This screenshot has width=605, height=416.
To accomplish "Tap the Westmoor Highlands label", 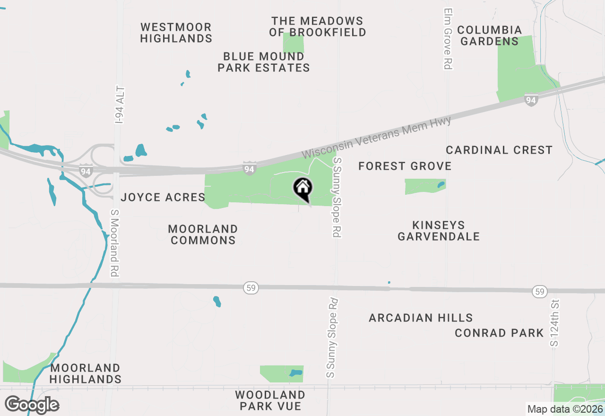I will click(176, 33).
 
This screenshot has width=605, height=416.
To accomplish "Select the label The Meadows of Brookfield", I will click(318, 27).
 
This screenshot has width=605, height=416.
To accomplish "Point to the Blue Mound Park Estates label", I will click(264, 62).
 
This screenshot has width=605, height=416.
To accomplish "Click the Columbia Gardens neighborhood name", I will click(490, 36).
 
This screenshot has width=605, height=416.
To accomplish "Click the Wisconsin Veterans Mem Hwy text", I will click(377, 137).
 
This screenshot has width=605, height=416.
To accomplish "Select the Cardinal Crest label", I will click(499, 150).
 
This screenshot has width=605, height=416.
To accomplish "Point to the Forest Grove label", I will click(405, 166).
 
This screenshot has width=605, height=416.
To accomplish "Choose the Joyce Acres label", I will click(163, 197).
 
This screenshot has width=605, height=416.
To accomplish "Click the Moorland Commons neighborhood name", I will click(203, 234).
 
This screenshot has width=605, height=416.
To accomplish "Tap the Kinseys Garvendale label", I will click(439, 231).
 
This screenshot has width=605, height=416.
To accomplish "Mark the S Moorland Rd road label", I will click(114, 243).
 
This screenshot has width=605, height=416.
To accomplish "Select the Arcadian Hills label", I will click(421, 318).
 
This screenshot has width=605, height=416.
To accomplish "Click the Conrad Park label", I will click(499, 333).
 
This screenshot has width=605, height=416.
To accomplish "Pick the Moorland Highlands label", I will click(86, 373).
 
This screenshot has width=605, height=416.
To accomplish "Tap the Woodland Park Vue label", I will click(270, 400).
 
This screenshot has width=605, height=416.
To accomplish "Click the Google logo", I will click(32, 405).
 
